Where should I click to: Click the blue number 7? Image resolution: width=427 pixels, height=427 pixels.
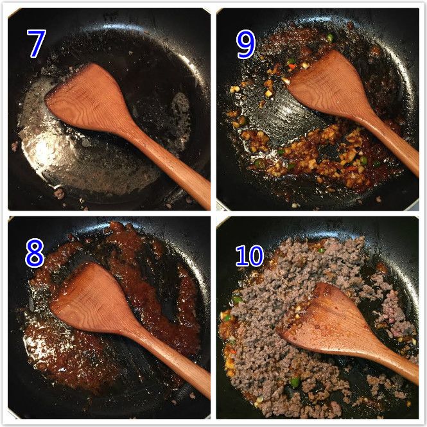click(37, 43)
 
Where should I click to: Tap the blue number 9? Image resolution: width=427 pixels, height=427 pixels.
click(246, 44)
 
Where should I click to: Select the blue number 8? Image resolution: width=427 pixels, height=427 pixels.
click(35, 253)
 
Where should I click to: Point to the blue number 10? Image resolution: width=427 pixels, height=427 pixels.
click(249, 256)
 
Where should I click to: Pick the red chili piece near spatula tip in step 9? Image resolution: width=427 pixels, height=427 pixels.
click(292, 66)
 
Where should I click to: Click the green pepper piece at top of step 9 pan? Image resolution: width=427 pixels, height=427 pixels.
click(330, 37)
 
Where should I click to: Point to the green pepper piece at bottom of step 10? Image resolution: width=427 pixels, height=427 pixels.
click(295, 382)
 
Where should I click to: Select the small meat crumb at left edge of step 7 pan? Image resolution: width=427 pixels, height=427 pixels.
click(14, 146)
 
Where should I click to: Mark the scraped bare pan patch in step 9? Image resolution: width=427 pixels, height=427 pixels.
click(283, 114)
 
